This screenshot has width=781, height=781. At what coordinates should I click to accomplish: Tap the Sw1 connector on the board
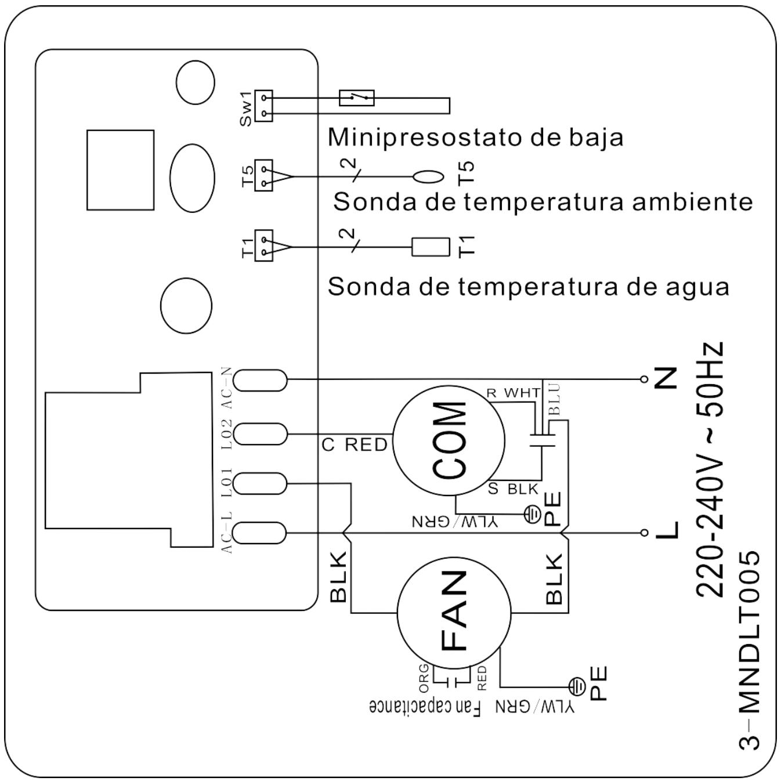point(263,106)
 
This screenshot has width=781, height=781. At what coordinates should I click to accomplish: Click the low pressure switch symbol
point(356,97)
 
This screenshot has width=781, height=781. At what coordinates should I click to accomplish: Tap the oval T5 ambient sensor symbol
point(428,176)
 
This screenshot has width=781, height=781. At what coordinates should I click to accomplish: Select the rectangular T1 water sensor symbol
point(431,247)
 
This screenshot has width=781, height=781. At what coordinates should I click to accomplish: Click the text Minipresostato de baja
point(475,138)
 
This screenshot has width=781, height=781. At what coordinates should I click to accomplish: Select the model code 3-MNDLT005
point(750,650)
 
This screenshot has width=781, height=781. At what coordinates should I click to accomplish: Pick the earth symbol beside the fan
point(577,687)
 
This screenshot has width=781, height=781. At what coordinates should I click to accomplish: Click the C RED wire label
point(355,445)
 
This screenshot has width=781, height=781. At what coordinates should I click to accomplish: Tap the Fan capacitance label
point(425,707)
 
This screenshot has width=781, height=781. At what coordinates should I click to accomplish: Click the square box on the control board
point(120,169)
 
